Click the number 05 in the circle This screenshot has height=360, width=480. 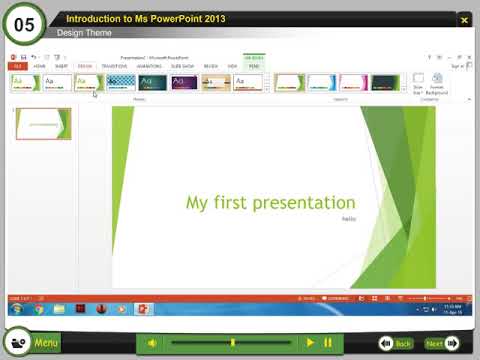pos(24,24)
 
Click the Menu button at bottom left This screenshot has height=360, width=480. pos(46,343)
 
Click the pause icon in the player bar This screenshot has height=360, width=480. pos(327,343)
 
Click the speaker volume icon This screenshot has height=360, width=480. pos(152,343)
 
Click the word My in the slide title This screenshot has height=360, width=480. pos(197,203)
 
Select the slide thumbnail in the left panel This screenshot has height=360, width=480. pos(44,124)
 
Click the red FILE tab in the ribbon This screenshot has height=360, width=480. pos(17,65)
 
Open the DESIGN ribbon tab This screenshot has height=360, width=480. pos(84,65)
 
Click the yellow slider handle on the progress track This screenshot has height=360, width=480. pos(233,343)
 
